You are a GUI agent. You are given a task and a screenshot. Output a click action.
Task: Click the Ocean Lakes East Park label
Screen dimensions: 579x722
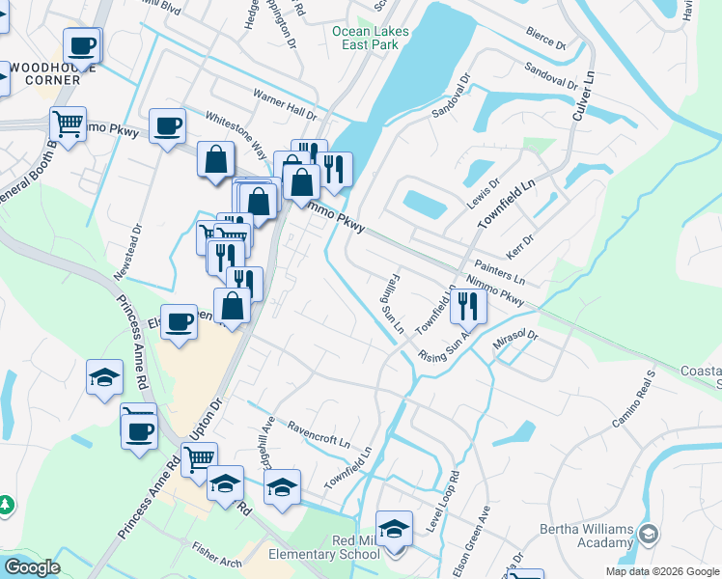click(371, 38)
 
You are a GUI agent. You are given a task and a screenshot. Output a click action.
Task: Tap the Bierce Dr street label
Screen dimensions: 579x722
click(545, 38)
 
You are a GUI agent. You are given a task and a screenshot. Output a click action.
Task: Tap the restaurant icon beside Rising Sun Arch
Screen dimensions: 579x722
click(468, 307)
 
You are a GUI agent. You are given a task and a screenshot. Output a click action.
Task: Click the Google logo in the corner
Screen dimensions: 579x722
click(31, 567)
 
